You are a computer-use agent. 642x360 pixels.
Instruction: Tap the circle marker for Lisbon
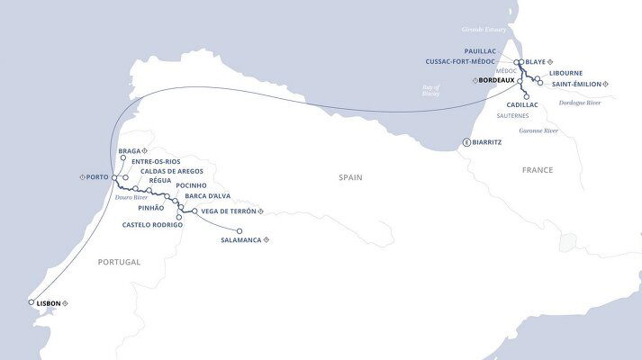(x=32, y=302)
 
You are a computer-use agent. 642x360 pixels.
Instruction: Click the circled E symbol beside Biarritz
(x=466, y=142)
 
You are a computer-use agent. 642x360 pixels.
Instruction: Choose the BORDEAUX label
(x=497, y=80)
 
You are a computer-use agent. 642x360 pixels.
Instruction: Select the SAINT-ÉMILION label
(x=575, y=84)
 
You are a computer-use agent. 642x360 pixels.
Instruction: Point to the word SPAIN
(x=349, y=178)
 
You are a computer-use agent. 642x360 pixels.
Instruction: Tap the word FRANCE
(x=538, y=169)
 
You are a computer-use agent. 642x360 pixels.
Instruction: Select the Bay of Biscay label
(x=438, y=89)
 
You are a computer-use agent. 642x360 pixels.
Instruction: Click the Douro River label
(x=131, y=197)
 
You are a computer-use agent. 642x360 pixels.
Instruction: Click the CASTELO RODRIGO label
(x=153, y=224)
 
